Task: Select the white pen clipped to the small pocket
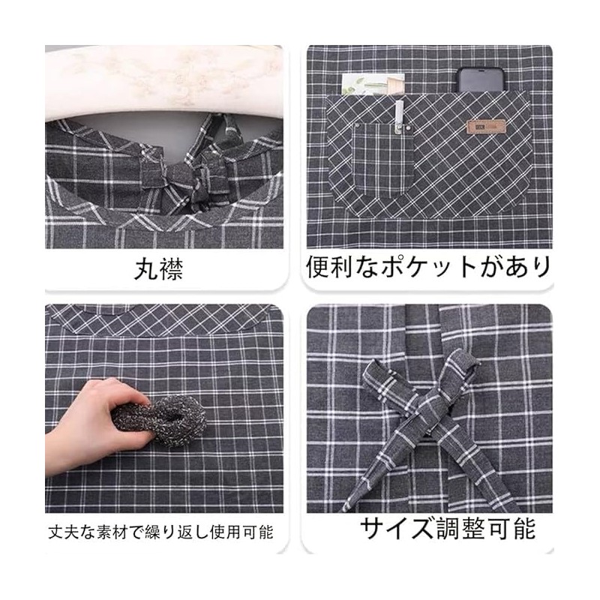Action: [400, 115]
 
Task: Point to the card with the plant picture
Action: [372, 83]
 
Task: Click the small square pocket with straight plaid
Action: [382, 157]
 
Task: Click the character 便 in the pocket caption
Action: [317, 267]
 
